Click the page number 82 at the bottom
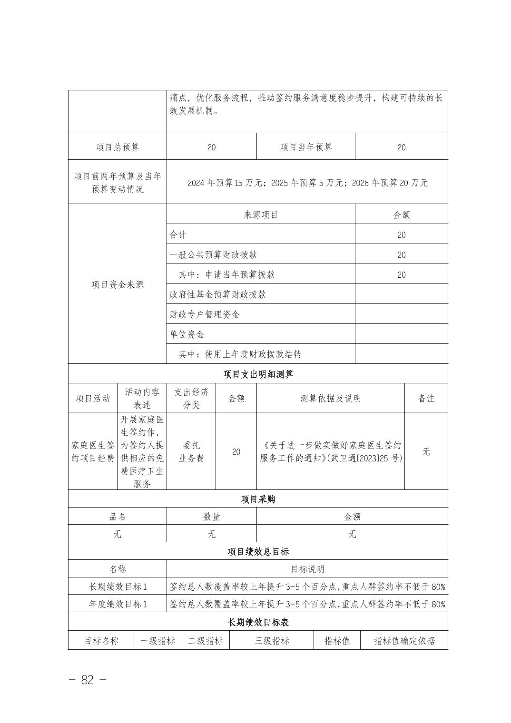[x=87, y=680]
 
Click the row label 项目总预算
[x=118, y=147]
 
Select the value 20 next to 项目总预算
[x=212, y=147]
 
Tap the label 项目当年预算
[x=306, y=147]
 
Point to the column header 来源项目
[x=261, y=215]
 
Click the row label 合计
[x=178, y=234]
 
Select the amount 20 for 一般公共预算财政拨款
[x=402, y=255]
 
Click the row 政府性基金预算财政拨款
[x=218, y=294]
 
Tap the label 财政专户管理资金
[x=205, y=314]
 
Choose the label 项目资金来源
[x=118, y=284]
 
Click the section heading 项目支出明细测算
[x=258, y=374]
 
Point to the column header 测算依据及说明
[x=330, y=398]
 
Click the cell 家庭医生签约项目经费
[x=93, y=451]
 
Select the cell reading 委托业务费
[x=191, y=451]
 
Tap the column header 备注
[x=426, y=398]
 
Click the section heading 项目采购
[x=258, y=499]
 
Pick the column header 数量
[x=212, y=517]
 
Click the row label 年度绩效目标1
[x=118, y=604]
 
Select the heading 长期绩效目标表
[x=258, y=622]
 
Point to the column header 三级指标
[x=271, y=641]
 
